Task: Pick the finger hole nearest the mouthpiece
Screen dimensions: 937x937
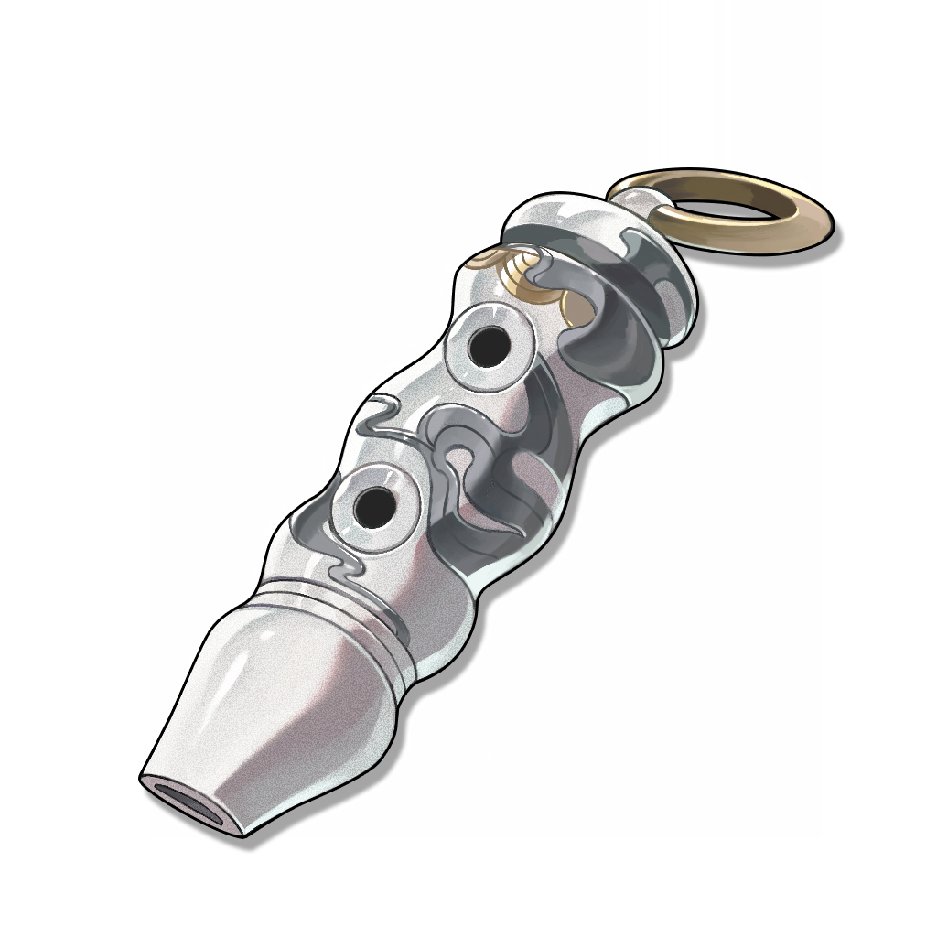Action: coord(372,505)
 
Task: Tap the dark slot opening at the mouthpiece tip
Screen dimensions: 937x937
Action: coord(188,802)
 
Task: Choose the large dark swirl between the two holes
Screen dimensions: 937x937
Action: coord(476,458)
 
